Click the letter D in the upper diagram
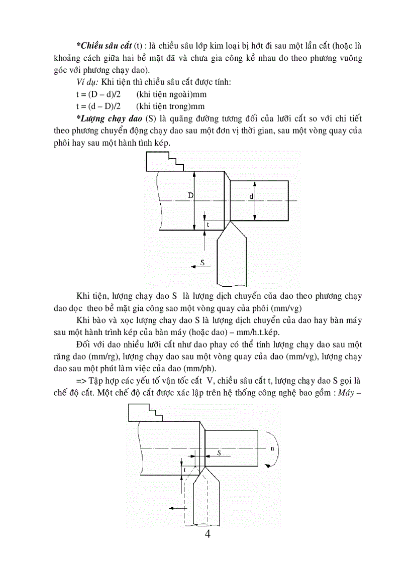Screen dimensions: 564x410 [x=191, y=195]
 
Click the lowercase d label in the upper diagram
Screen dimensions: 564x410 [x=251, y=196]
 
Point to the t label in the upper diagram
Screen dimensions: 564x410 [x=208, y=225]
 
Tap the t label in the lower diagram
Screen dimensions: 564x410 [x=185, y=469]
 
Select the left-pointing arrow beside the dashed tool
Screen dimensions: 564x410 [x=176, y=508]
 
